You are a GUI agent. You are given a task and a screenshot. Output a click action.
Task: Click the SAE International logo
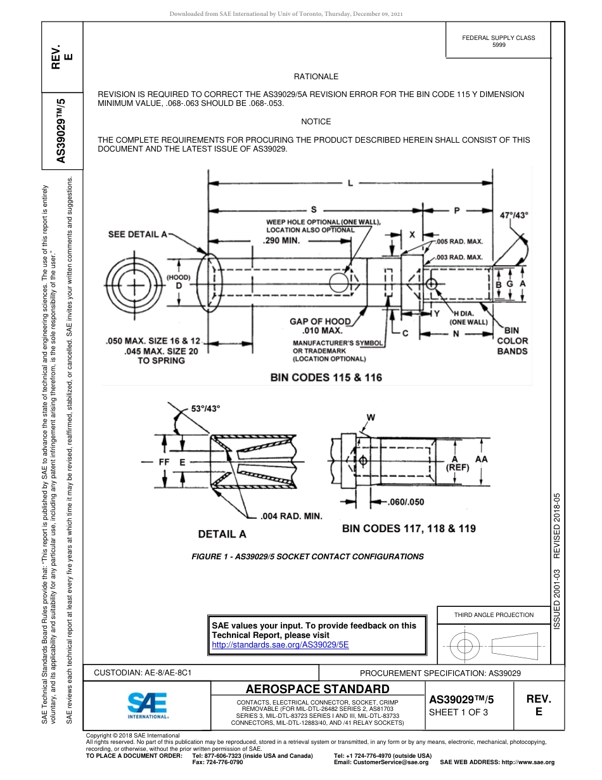click(148, 705)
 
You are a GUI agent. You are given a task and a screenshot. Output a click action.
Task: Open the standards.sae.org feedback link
click(279, 644)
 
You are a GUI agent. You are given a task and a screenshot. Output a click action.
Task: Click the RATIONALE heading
click(316, 76)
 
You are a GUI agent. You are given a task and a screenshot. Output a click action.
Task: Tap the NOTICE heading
click(316, 121)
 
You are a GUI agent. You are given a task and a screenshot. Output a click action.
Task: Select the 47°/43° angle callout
click(514, 215)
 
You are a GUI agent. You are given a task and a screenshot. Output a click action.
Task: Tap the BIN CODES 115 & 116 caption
click(326, 377)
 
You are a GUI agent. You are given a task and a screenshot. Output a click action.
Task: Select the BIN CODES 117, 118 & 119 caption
click(409, 528)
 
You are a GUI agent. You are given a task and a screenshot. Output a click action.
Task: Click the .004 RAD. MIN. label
click(291, 516)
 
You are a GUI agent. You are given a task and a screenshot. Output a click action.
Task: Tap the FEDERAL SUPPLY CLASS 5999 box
click(498, 41)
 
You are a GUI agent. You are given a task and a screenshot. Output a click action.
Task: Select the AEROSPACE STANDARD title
click(317, 689)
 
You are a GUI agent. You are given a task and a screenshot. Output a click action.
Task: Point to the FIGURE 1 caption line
click(307, 556)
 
